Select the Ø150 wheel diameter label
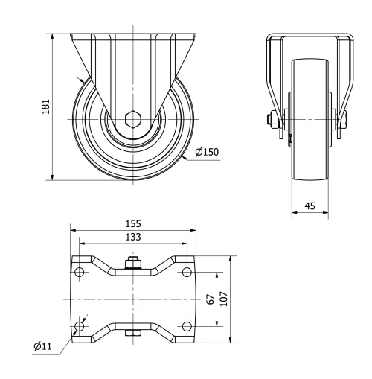[x=206, y=152]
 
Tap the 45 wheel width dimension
[x=309, y=206]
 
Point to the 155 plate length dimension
[x=134, y=223]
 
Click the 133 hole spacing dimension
[x=134, y=236]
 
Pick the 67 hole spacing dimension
[x=211, y=299]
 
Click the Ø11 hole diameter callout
[x=42, y=345]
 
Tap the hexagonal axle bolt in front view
[x=134, y=119]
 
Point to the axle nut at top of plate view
[x=134, y=264]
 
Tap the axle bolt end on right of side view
[x=343, y=119]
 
